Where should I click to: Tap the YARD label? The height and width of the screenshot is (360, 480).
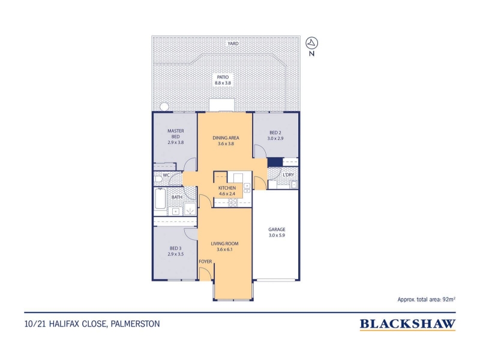[233, 43]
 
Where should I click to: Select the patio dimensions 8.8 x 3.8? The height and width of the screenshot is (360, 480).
[223, 83]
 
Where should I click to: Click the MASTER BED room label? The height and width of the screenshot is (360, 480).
[176, 134]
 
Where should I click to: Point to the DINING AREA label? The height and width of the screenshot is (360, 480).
[226, 138]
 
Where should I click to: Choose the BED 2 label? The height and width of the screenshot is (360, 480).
[275, 133]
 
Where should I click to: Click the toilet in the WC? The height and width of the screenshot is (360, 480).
[158, 179]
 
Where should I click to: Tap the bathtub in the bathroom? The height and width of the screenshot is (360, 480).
[160, 199]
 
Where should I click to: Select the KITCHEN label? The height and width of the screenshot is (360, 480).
[227, 188]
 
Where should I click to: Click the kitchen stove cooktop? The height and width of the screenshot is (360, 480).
[233, 203]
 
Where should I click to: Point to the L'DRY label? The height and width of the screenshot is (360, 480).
[289, 175]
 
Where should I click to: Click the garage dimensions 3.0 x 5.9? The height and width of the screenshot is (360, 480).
[277, 235]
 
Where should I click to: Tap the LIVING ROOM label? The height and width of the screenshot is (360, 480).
[224, 244]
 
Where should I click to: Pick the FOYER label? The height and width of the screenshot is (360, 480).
[205, 262]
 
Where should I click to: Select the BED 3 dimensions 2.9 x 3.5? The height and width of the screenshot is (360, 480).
[176, 254]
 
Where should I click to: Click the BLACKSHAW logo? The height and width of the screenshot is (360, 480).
[407, 324]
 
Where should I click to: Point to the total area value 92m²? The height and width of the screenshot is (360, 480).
[448, 299]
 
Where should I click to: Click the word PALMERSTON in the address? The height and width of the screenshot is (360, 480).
[136, 324]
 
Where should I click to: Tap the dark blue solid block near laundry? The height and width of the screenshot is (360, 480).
[275, 162]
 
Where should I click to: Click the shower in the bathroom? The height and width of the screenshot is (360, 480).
[190, 211]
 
